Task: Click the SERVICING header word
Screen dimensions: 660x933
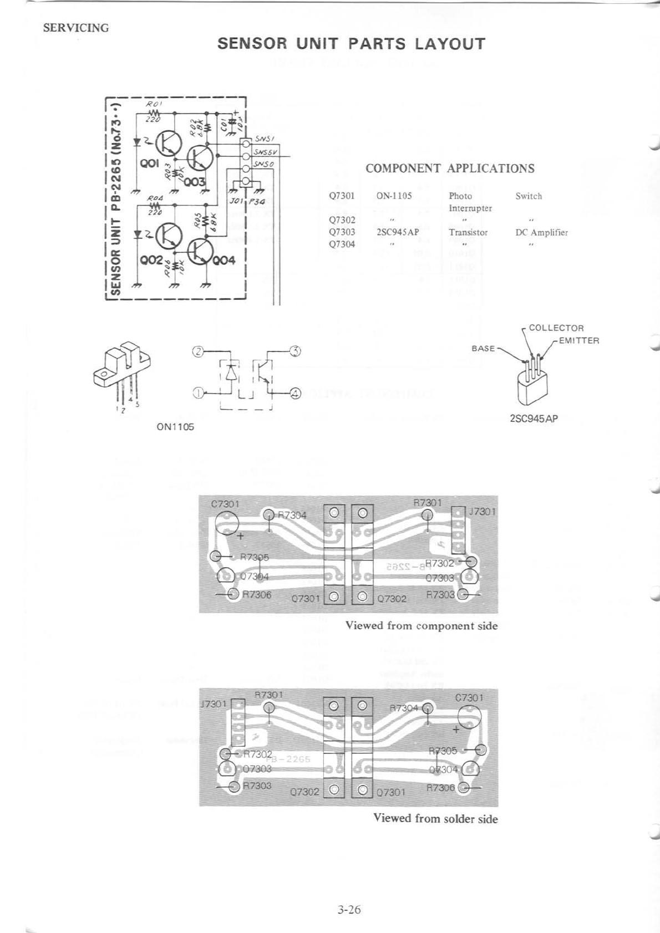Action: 76,28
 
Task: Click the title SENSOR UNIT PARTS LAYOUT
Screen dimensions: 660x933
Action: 351,44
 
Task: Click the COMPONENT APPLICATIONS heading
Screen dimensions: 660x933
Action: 450,169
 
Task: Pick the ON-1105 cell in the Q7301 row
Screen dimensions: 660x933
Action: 394,196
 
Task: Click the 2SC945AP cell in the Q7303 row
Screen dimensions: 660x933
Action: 397,232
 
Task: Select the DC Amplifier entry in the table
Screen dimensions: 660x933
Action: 541,233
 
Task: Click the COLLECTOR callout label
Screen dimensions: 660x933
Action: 556,328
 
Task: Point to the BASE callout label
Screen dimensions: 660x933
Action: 483,348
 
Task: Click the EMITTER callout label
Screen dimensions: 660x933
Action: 579,340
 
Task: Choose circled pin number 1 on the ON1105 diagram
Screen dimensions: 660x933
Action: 197,393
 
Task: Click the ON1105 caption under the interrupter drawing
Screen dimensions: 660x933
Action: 176,427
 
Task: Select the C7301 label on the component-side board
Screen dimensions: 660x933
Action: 225,504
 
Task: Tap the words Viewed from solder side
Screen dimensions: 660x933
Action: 435,818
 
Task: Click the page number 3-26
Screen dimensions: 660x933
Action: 348,910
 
